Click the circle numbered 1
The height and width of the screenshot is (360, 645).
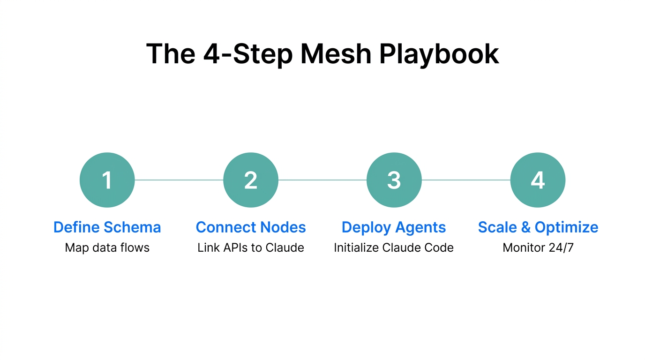coord(107,180)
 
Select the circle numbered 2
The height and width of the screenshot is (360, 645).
coord(251,180)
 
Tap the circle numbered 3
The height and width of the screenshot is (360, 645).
coord(394,180)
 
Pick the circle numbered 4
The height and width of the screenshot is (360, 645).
coord(538,180)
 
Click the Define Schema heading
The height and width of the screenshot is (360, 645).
coord(107,227)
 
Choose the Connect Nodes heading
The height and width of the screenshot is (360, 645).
coord(251,227)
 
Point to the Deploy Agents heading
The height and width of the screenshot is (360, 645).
coord(394,227)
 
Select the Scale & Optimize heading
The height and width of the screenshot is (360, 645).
coord(538,227)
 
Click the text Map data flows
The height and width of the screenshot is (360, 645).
coord(107,247)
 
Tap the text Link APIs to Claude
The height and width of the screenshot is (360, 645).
coord(251,247)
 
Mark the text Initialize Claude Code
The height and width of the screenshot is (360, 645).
coord(394,247)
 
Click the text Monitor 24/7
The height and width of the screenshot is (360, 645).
coord(538,247)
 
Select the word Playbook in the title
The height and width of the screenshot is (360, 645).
coord(439,54)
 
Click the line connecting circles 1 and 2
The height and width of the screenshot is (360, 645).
coord(179,180)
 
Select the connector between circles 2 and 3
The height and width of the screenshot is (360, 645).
coord(322,180)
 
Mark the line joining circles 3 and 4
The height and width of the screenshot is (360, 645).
coord(466,180)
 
